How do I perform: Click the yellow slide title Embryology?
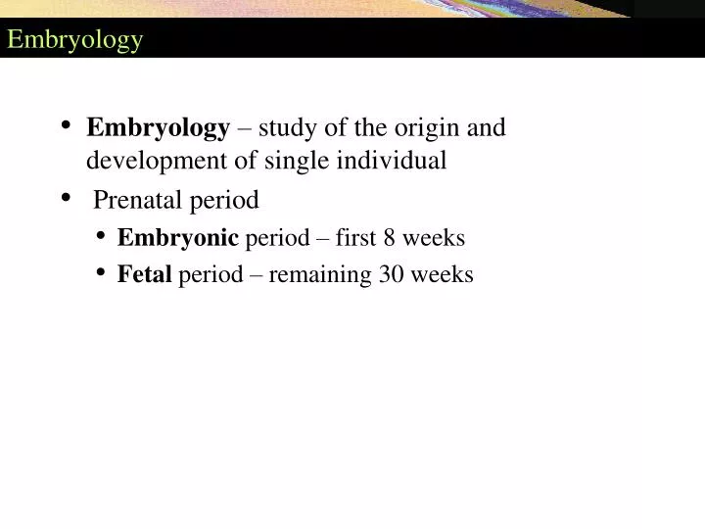coord(75,40)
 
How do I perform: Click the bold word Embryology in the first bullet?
coord(158,128)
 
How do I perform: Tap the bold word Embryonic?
coord(177,238)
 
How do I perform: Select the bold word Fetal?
coord(144,275)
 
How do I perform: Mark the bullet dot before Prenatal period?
coord(66,198)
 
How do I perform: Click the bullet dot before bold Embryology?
coord(66,125)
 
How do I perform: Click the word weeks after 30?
coord(442,275)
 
